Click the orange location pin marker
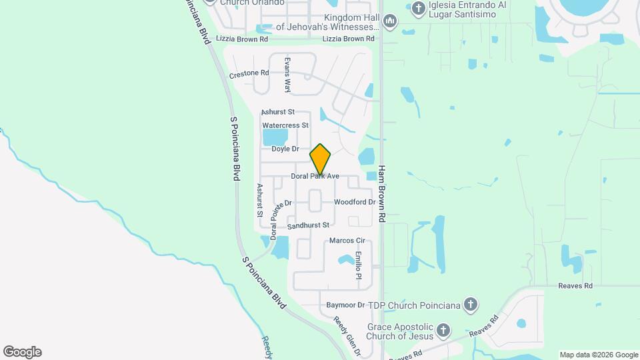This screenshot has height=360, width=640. point(321,159)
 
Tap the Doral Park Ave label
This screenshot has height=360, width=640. point(315,177)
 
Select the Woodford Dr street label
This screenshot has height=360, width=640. point(355,202)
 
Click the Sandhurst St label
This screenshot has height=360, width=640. point(309,226)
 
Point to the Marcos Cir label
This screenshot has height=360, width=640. point(347,241)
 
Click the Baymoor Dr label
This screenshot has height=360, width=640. point(345,305)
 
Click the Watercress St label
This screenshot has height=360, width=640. point(285,125)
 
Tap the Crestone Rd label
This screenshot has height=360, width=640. point(249,73)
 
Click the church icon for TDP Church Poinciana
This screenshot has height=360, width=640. point(471,305)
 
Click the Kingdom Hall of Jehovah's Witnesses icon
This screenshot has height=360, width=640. point(391,22)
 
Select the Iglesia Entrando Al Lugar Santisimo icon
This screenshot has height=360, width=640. point(418,9)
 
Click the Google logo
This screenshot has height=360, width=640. point(22,352)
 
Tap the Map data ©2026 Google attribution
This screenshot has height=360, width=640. point(598,355)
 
